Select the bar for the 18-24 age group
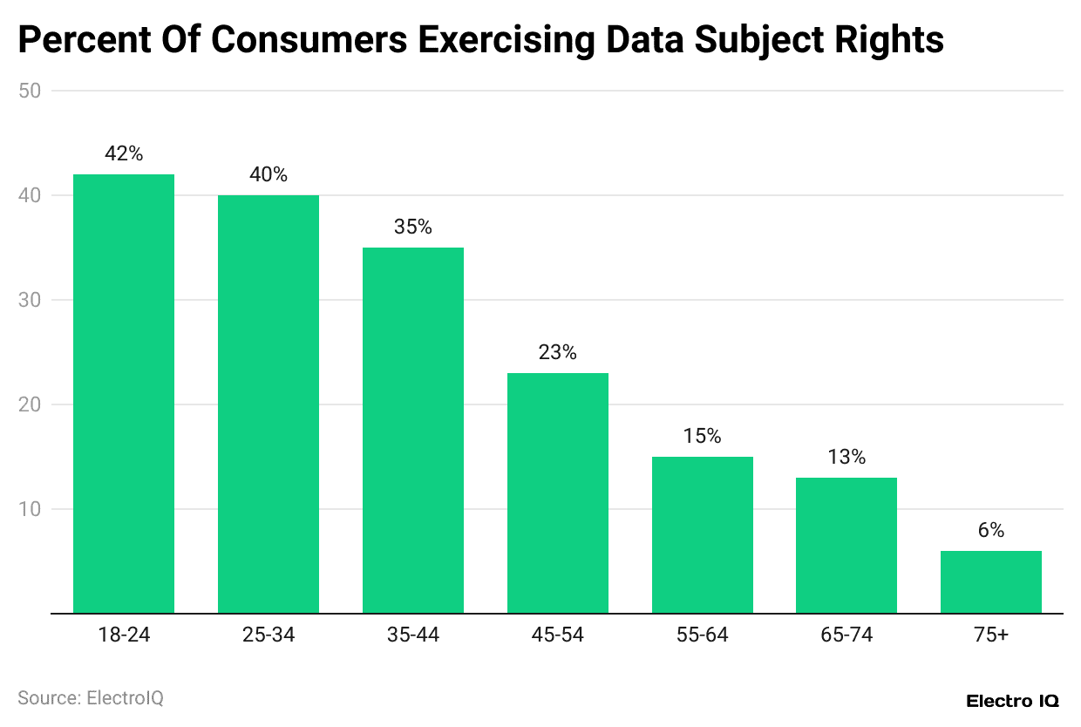tap(124, 393)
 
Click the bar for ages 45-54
tap(558, 493)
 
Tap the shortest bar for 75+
tap(991, 581)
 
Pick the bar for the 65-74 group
tap(846, 545)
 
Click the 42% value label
tap(124, 153)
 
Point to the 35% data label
tap(413, 227)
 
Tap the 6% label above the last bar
tap(991, 530)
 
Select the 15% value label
tap(702, 436)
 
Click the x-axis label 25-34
tap(269, 635)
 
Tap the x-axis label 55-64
tap(702, 635)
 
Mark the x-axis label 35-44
tap(413, 635)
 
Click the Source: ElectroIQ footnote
tap(91, 698)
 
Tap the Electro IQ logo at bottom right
tap(1012, 700)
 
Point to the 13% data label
tap(846, 457)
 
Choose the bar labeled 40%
tap(269, 404)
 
